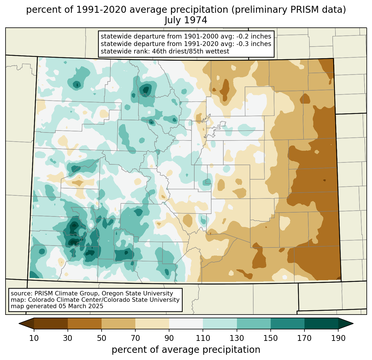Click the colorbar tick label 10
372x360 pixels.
pos(34,338)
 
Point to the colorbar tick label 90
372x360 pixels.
pos(169,338)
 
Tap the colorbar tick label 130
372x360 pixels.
pos(237,338)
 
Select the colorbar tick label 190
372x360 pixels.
pos(338,338)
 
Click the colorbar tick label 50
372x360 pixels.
pos(102,338)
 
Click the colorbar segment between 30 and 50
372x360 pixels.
pos(84,323)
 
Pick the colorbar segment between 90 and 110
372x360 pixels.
pos(186,323)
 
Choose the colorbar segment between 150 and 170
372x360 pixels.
pos(288,323)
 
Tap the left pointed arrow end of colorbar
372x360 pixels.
pos(26,323)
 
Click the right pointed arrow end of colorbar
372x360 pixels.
pos(346,323)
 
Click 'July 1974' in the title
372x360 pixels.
pos(186,20)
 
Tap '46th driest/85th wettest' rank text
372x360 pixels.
pos(190,51)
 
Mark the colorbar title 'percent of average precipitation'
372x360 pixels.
pos(186,350)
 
